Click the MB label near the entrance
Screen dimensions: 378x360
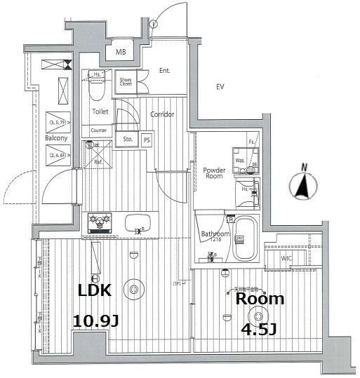(x=120, y=52)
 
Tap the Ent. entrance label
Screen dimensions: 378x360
(x=165, y=70)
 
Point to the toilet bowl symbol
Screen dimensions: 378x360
(x=98, y=88)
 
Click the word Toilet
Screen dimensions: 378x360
(x=99, y=112)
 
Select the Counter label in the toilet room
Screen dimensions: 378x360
(x=98, y=130)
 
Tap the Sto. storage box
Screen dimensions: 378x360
(x=127, y=139)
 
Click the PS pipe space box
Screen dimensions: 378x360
(x=147, y=139)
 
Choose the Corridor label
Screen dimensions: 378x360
(x=161, y=114)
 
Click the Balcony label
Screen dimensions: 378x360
(x=56, y=139)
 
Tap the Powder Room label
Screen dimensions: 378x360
(x=214, y=173)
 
